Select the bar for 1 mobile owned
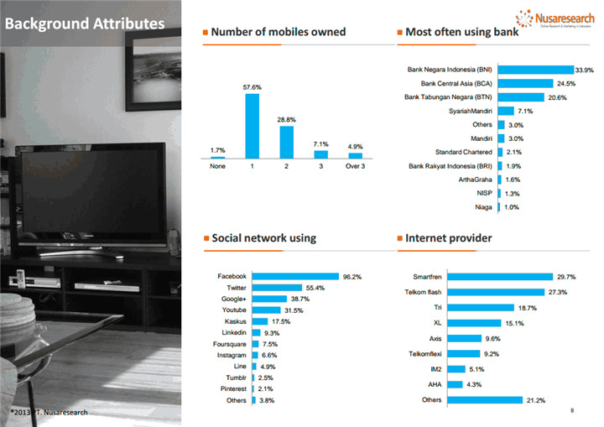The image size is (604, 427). (252, 126)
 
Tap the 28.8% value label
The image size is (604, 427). (286, 120)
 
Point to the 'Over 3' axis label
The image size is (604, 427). (355, 166)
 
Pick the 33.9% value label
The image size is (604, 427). (584, 70)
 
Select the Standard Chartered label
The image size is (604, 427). (463, 152)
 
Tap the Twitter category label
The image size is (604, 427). (230, 288)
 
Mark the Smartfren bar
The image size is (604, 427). (498, 276)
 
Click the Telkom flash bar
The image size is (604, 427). (495, 292)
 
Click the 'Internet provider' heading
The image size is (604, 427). (449, 238)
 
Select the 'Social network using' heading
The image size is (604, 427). (263, 238)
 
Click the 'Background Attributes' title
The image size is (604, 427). (85, 23)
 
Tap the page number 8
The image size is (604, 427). (571, 410)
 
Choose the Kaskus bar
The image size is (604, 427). (259, 321)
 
